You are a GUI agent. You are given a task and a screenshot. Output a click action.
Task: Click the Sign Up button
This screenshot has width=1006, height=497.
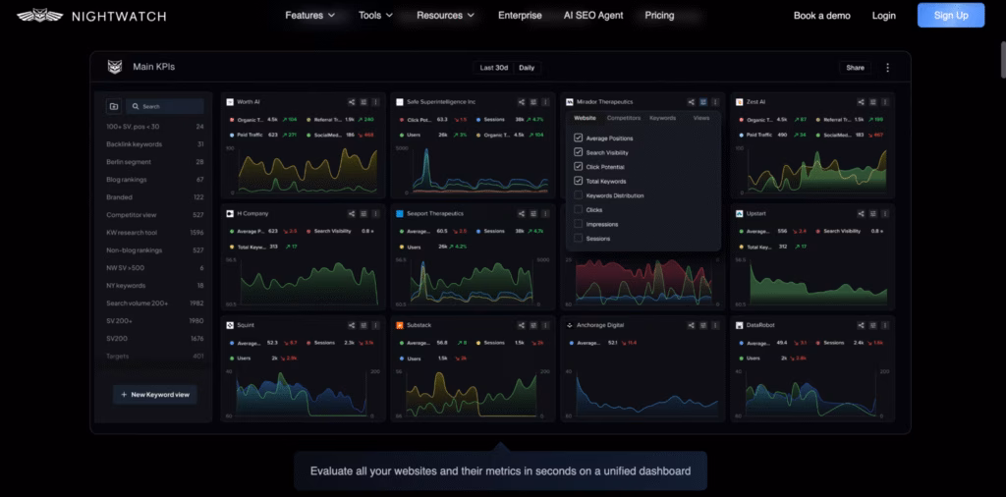pyautogui.click(x=950, y=16)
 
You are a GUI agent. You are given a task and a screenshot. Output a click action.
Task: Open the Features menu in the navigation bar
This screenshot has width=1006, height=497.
pyautogui.click(x=309, y=16)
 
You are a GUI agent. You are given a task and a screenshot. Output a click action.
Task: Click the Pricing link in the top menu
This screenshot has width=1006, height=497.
pyautogui.click(x=659, y=16)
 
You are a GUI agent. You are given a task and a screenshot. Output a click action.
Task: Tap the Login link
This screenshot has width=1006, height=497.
pyautogui.click(x=883, y=16)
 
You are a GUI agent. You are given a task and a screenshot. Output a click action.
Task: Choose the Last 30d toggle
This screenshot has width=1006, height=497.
pyautogui.click(x=492, y=68)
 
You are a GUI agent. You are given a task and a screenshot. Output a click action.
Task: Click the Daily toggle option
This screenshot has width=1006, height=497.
pyautogui.click(x=528, y=68)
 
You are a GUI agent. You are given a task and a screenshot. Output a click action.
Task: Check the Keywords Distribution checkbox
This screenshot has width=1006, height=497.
pyautogui.click(x=579, y=195)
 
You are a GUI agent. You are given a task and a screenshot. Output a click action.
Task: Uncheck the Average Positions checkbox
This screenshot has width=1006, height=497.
pyautogui.click(x=579, y=138)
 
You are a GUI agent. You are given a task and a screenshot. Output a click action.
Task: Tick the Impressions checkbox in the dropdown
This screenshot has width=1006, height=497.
pyautogui.click(x=579, y=224)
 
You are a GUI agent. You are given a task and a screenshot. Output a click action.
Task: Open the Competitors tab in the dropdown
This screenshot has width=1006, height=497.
pyautogui.click(x=624, y=118)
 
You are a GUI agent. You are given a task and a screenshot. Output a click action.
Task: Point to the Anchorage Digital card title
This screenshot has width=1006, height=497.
pyautogui.click(x=601, y=324)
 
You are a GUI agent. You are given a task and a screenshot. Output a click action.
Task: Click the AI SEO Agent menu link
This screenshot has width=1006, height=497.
pyautogui.click(x=592, y=16)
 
